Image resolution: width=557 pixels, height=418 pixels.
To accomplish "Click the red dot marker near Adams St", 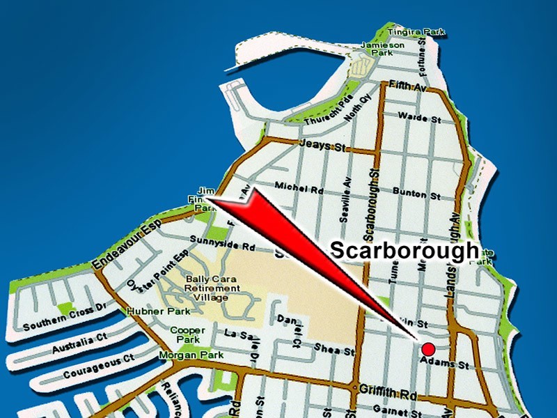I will pyautogui.click(x=428, y=348).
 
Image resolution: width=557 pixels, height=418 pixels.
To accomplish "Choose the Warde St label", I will pyautogui.click(x=420, y=119).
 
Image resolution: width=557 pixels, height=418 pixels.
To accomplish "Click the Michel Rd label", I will pyautogui.click(x=299, y=187).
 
